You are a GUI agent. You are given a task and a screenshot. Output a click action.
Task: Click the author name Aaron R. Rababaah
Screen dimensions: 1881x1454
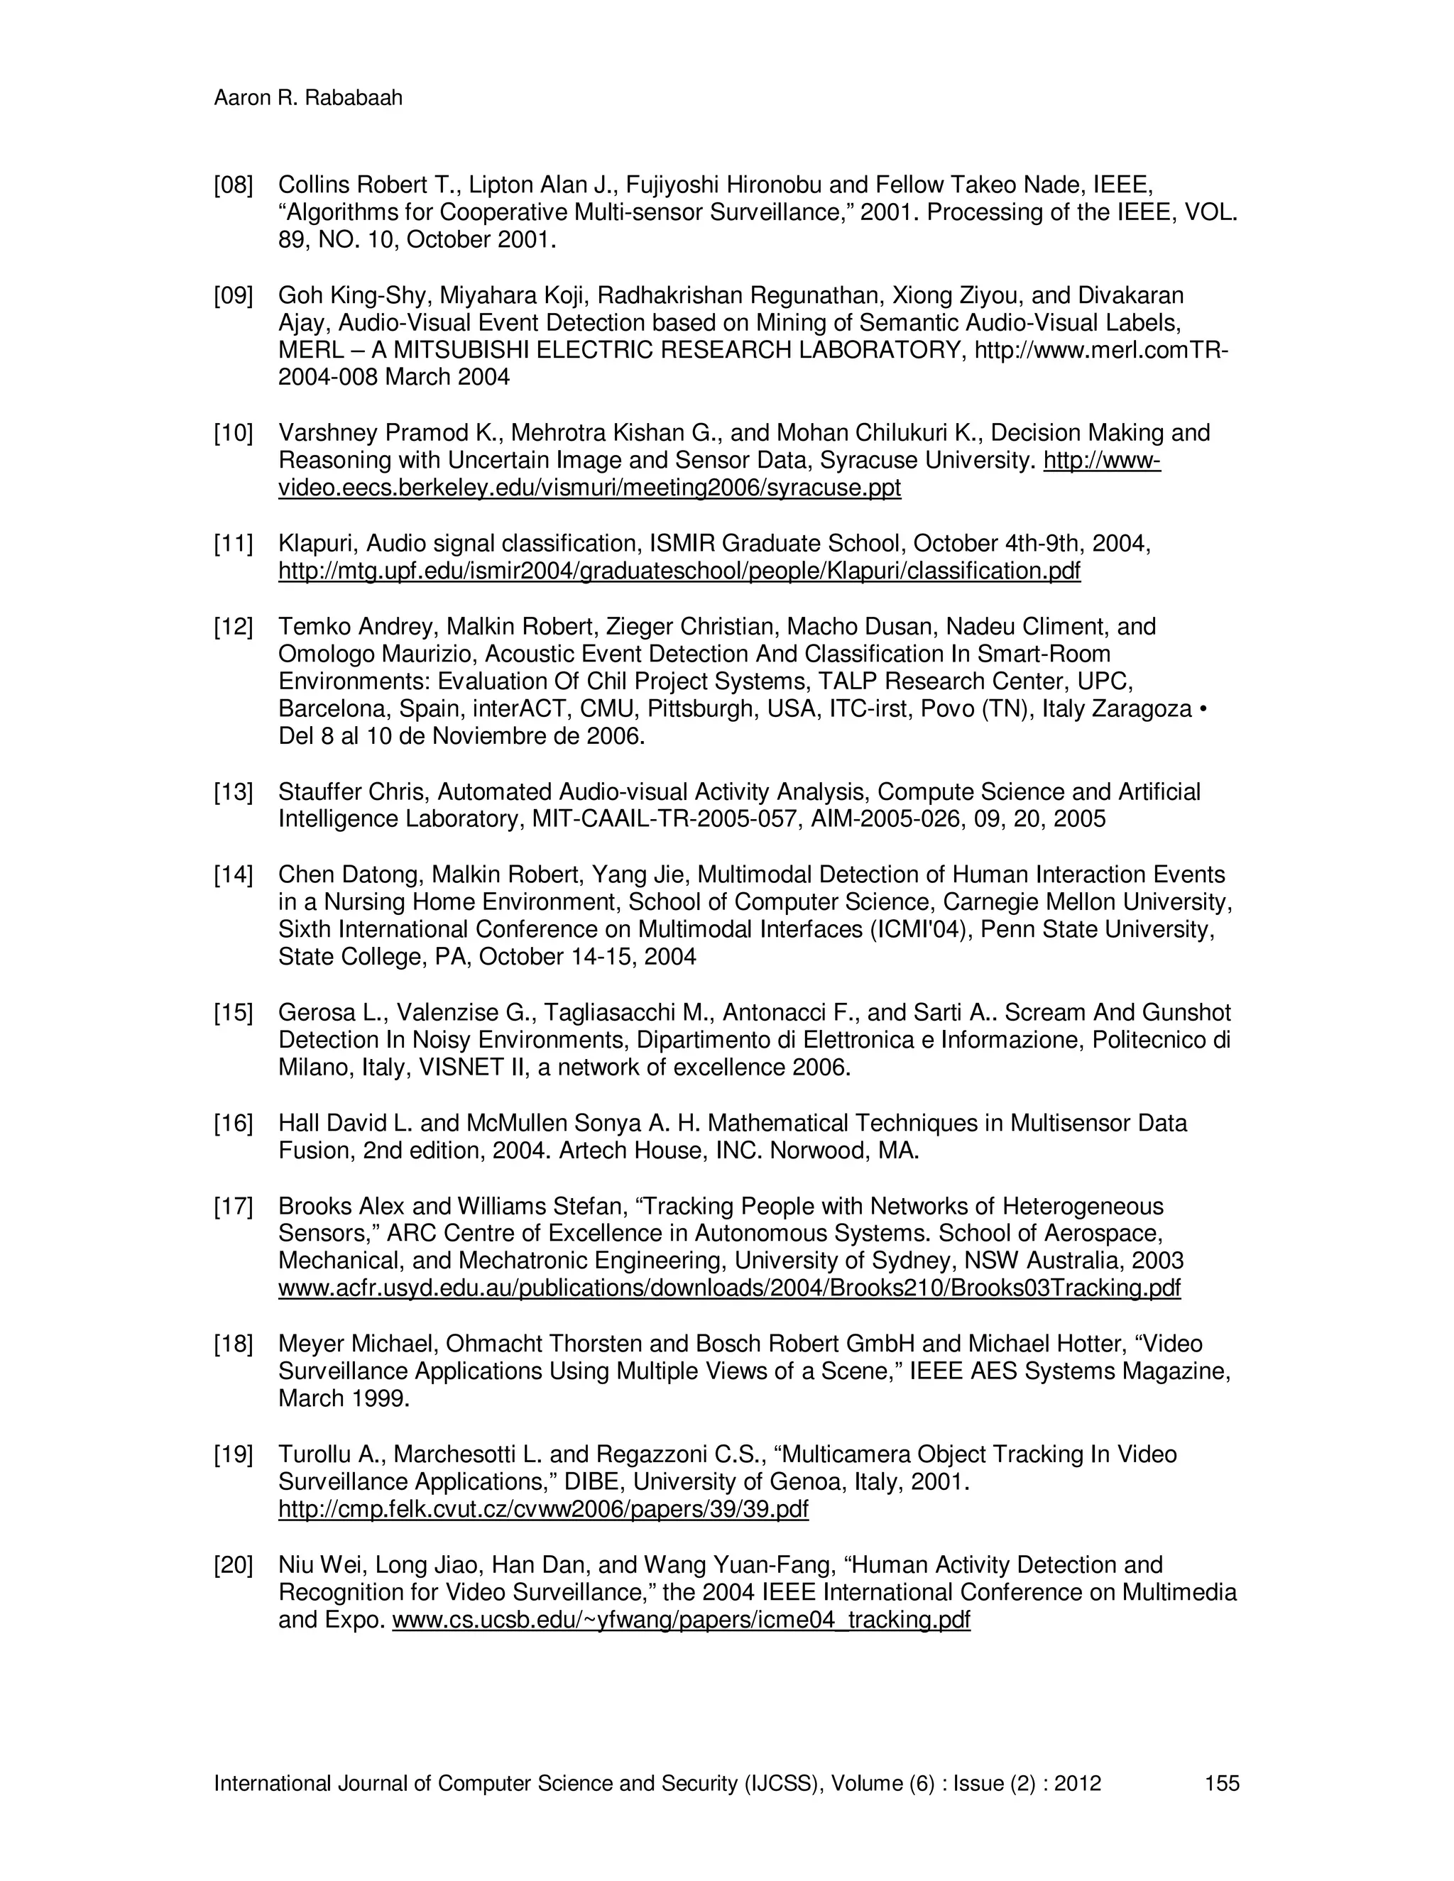pyautogui.click(x=307, y=98)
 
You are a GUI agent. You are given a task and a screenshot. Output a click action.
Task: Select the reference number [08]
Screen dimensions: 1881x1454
pyautogui.click(x=234, y=185)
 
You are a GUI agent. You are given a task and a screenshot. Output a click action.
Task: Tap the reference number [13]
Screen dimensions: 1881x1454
pyautogui.click(x=234, y=791)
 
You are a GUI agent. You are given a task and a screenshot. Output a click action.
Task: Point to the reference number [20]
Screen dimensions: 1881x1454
pyautogui.click(x=234, y=1565)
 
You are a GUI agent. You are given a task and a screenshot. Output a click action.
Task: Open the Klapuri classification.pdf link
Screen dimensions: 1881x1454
pyautogui.click(x=679, y=571)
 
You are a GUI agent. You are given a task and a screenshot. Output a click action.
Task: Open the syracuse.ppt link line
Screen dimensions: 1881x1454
pyautogui.click(x=589, y=488)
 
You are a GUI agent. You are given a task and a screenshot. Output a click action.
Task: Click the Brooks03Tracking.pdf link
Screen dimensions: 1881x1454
pyautogui.click(x=728, y=1288)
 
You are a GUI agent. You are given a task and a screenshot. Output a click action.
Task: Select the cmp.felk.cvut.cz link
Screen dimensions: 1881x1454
pyautogui.click(x=542, y=1510)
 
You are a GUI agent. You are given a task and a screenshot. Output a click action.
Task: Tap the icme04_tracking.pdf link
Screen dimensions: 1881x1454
pyautogui.click(x=680, y=1620)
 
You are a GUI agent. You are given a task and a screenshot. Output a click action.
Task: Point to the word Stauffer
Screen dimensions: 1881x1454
pyautogui.click(x=319, y=791)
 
